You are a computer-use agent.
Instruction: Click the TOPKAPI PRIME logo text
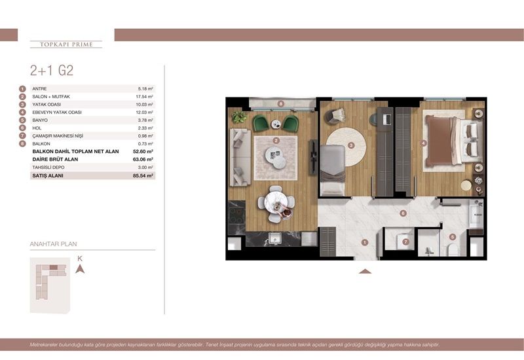click(66, 45)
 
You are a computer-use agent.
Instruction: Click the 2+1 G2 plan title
click(52, 71)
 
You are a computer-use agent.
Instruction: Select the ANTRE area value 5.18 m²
click(145, 89)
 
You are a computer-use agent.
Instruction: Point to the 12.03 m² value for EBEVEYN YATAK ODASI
click(145, 113)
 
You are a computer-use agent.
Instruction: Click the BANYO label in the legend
click(40, 120)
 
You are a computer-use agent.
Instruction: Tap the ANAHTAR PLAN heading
click(49, 244)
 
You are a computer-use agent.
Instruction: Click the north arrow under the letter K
click(80, 269)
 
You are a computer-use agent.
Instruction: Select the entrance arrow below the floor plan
click(365, 270)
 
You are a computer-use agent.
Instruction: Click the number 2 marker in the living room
click(276, 140)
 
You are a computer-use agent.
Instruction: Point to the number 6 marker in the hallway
click(403, 213)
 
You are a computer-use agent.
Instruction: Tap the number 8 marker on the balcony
click(280, 103)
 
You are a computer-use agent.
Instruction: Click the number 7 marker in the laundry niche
click(405, 242)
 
